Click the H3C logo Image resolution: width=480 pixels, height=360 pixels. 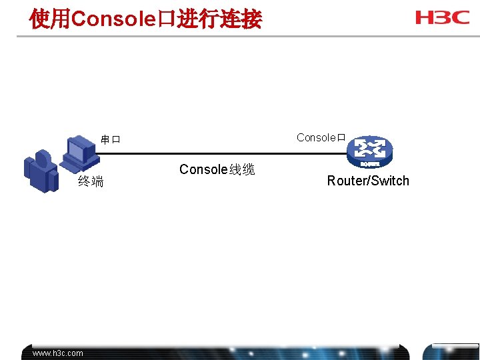click(x=443, y=17)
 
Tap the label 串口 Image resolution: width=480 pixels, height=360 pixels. click(x=111, y=140)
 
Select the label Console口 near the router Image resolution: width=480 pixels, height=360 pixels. click(x=321, y=138)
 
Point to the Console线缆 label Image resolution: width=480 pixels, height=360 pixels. click(x=217, y=170)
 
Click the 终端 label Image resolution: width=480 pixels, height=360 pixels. click(x=91, y=181)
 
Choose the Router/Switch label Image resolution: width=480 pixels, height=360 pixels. click(x=368, y=181)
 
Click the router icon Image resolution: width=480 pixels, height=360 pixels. click(x=371, y=152)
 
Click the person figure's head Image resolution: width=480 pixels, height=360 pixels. click(x=43, y=158)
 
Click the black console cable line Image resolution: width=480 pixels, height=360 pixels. click(x=220, y=154)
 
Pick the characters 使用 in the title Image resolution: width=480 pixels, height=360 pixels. click(x=49, y=19)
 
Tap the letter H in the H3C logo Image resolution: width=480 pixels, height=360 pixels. click(x=425, y=17)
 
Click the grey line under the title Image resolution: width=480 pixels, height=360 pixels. click(x=240, y=35)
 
